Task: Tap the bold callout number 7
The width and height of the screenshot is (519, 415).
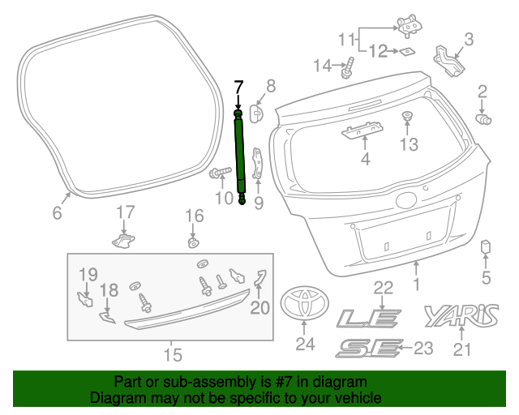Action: click(238, 88)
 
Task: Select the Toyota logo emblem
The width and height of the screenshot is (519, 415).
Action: click(305, 303)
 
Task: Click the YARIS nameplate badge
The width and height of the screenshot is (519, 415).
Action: click(461, 315)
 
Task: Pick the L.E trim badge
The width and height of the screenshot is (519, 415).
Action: click(369, 319)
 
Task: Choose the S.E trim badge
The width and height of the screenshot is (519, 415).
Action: click(368, 349)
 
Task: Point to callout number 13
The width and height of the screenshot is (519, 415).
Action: click(409, 144)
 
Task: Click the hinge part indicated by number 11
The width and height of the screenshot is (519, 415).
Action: click(410, 24)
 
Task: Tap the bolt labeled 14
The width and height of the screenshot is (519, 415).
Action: click(348, 68)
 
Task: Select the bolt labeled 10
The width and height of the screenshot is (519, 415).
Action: click(221, 173)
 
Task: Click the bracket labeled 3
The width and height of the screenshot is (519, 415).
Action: click(448, 62)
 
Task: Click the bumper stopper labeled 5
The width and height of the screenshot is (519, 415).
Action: click(485, 246)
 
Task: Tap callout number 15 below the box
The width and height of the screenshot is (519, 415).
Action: click(173, 355)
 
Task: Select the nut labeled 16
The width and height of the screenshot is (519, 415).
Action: click(193, 242)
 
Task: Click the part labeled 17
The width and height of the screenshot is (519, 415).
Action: click(123, 241)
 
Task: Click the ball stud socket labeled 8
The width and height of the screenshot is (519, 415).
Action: click(256, 113)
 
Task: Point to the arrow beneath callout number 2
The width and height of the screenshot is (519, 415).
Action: click(482, 107)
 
